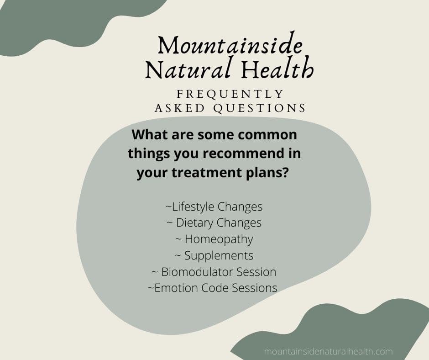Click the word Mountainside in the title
click(x=230, y=46)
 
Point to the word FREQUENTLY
click(x=230, y=94)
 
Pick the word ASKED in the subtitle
click(x=175, y=108)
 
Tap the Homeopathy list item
click(x=219, y=239)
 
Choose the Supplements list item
click(x=219, y=255)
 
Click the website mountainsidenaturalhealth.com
click(x=328, y=352)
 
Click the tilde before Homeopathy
click(x=178, y=239)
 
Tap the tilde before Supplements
click(x=178, y=256)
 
